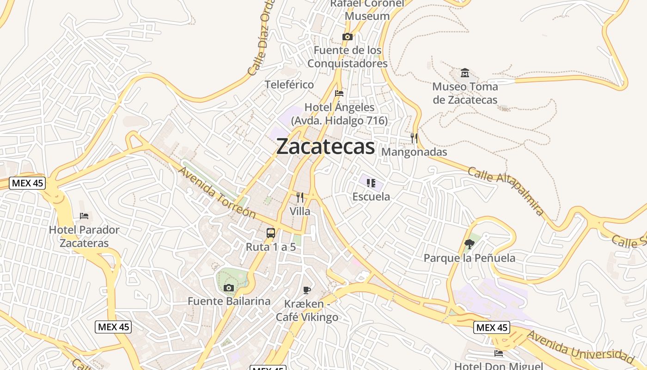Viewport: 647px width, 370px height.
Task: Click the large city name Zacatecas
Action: [325, 147]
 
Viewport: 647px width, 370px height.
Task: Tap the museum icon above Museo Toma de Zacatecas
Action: [465, 73]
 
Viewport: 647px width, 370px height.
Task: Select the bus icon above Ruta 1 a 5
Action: [271, 233]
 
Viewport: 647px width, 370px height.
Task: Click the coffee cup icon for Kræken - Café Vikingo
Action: [306, 290]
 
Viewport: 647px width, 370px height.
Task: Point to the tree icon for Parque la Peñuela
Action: [470, 244]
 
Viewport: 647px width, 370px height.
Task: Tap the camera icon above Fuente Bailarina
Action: [228, 288]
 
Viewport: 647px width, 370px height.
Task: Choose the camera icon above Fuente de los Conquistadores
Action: [348, 37]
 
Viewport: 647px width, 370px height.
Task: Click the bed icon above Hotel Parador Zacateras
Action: [84, 216]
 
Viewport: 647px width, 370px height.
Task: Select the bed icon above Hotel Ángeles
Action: [339, 93]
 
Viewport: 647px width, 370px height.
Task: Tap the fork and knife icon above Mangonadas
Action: [414, 138]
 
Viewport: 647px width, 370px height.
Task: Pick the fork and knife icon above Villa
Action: [300, 197]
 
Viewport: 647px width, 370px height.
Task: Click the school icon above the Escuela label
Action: [371, 183]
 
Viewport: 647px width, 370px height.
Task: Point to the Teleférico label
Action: [289, 85]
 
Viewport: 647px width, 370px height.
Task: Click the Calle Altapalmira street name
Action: [506, 191]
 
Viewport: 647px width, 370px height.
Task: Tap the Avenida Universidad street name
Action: [580, 346]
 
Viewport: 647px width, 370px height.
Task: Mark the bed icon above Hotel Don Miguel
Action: [499, 353]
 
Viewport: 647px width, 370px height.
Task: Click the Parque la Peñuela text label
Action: [470, 258]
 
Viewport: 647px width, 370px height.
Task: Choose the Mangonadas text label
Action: [414, 152]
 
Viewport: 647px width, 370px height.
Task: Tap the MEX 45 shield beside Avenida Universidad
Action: [492, 327]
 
